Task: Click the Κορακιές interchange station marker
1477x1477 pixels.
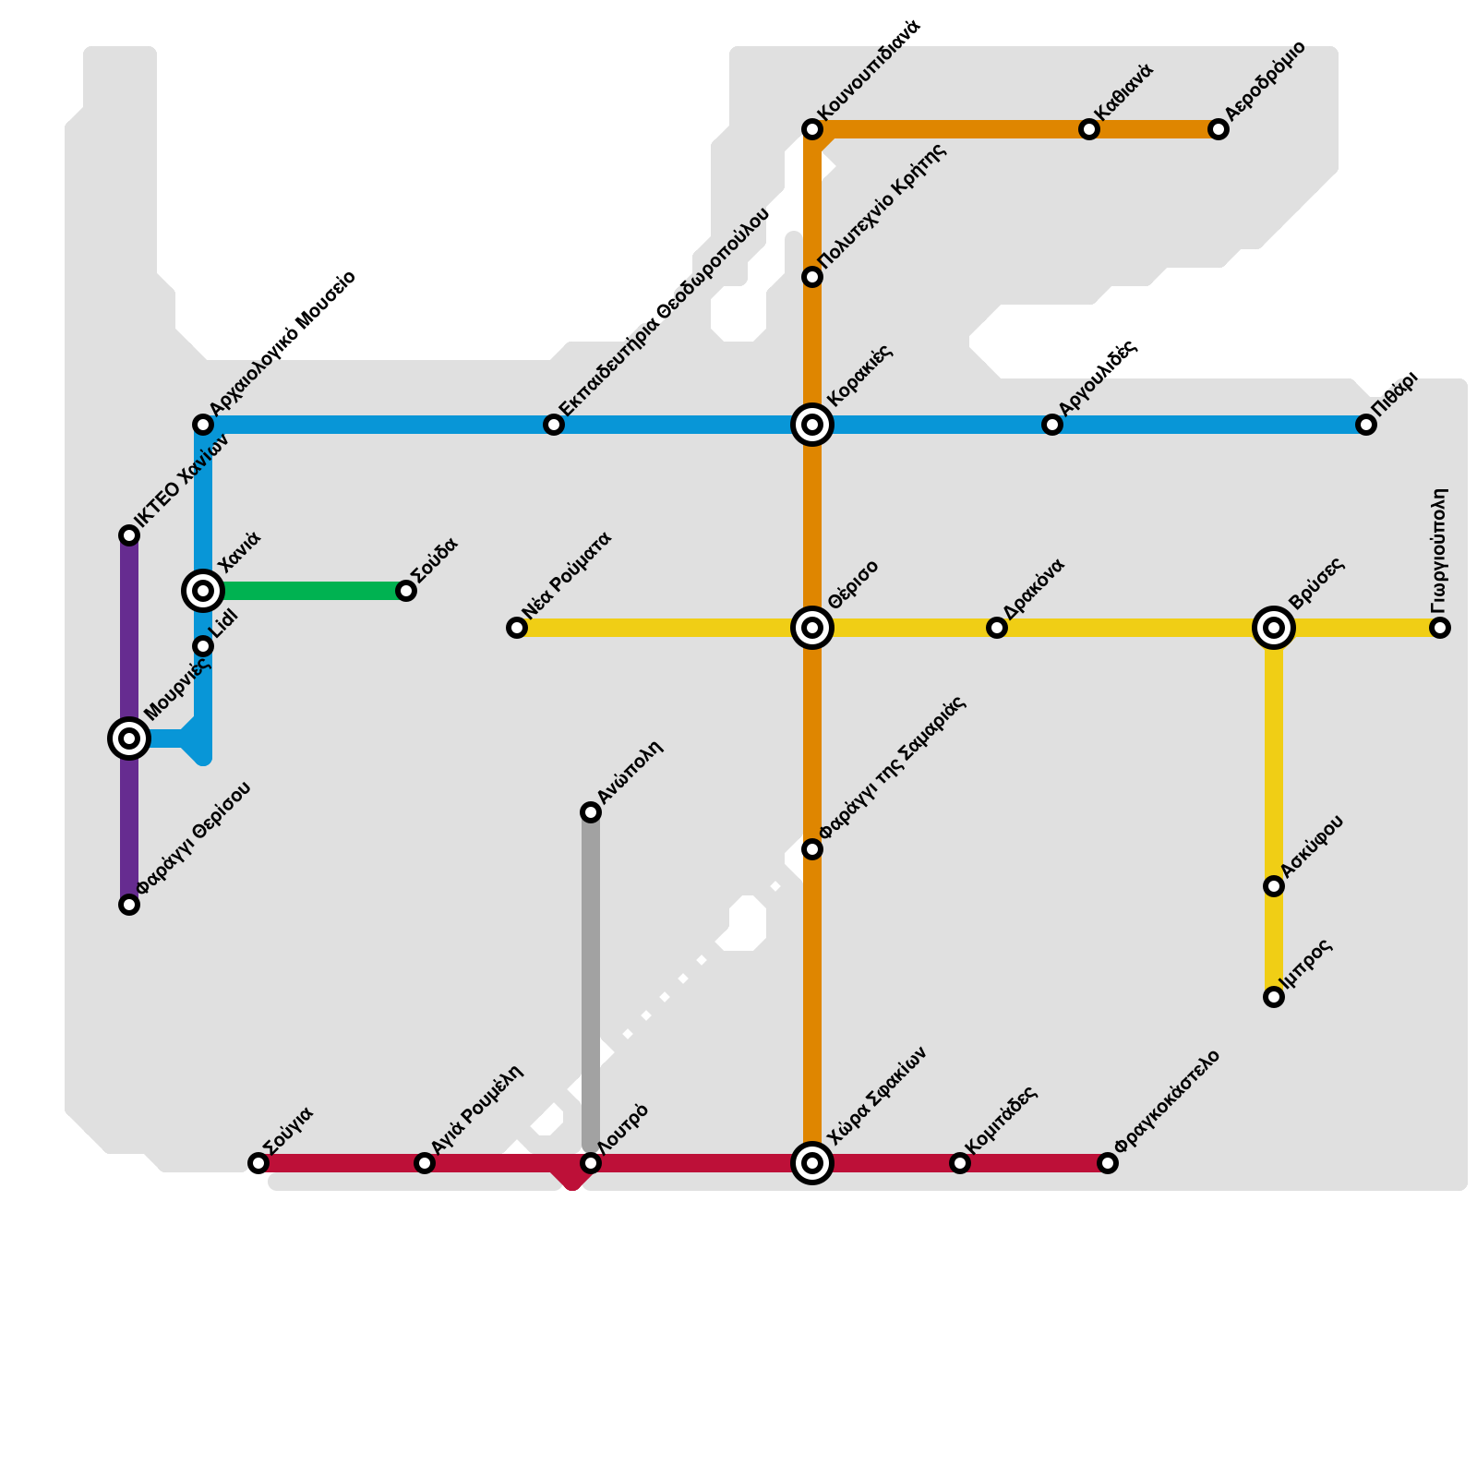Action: tap(812, 425)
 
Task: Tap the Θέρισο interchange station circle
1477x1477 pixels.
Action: tap(812, 628)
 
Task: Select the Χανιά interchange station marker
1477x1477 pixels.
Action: tap(203, 591)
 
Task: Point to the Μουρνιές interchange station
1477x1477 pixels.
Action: tap(129, 738)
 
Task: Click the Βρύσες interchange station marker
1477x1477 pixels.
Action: tap(1274, 628)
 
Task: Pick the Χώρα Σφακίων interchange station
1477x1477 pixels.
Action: tap(812, 1163)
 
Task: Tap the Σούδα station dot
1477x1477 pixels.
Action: tap(406, 591)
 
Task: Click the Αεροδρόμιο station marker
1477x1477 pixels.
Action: tap(1219, 129)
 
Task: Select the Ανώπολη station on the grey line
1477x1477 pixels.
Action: tap(591, 812)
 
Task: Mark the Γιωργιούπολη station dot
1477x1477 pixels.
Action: tap(1440, 628)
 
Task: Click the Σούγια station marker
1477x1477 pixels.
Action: tap(258, 1163)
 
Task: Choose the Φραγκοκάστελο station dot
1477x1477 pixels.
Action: tap(1108, 1163)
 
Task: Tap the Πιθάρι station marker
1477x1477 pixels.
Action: tap(1366, 425)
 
